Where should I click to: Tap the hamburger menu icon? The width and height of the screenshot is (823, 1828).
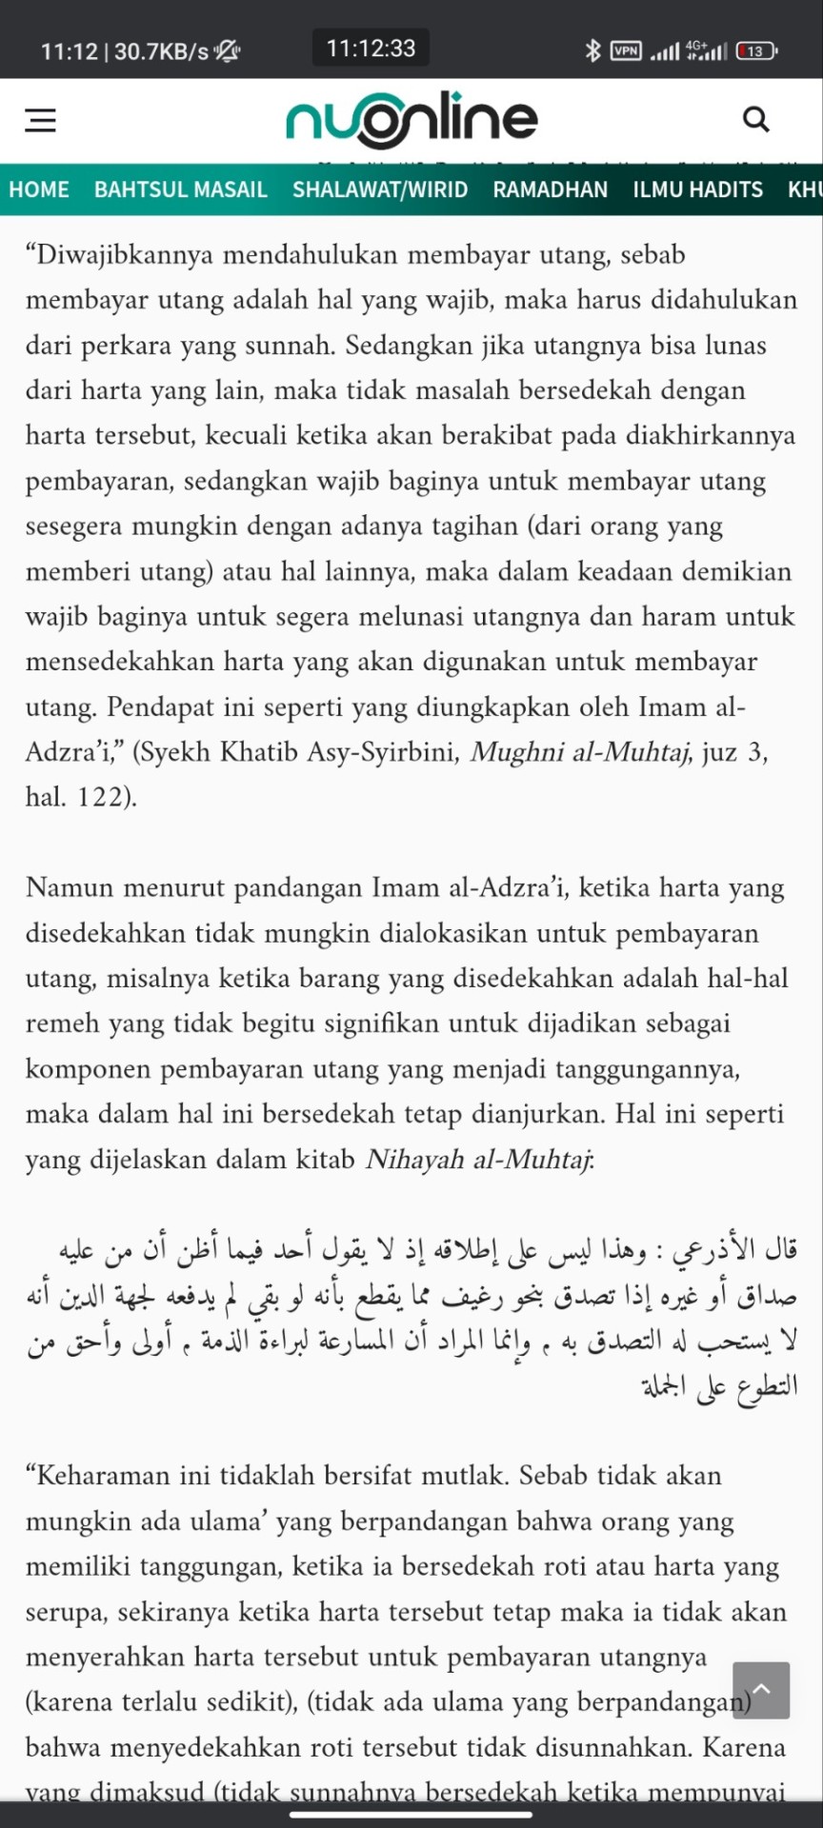point(40,120)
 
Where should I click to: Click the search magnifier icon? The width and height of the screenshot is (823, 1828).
point(755,120)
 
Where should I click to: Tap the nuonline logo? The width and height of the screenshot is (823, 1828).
point(411,120)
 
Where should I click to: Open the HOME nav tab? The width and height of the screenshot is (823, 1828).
point(39,189)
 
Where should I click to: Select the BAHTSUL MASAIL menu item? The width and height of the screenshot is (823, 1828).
point(180,189)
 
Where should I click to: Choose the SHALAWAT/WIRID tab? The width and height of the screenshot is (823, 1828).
point(380,189)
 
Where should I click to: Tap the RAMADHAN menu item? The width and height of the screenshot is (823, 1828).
point(550,189)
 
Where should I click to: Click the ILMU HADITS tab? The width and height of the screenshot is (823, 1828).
point(697,189)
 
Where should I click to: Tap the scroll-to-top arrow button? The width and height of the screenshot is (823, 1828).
point(761,1690)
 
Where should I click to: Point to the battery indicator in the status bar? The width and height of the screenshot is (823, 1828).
point(756,50)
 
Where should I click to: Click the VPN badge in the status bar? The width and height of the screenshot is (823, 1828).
point(626,50)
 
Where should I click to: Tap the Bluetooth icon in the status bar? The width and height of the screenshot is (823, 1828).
point(592,50)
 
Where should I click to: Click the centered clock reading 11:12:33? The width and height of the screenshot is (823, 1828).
point(371,48)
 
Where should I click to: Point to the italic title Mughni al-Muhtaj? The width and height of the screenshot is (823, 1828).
point(580,752)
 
